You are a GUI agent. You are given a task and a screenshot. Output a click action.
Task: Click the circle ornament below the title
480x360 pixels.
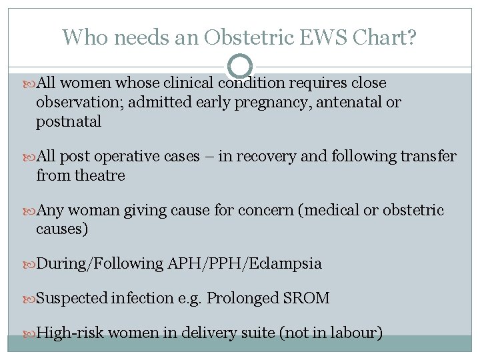pyautogui.click(x=240, y=67)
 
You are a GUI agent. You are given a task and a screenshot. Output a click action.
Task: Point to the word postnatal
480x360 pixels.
pyautogui.click(x=69, y=121)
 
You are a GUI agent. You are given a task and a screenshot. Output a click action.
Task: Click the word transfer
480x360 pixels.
pyautogui.click(x=428, y=157)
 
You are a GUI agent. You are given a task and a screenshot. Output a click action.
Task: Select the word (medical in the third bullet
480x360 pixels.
pyautogui.click(x=331, y=211)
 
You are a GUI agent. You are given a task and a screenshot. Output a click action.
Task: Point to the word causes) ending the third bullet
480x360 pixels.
pyautogui.click(x=62, y=229)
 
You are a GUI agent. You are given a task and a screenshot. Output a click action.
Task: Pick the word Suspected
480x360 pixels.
pyautogui.click(x=72, y=298)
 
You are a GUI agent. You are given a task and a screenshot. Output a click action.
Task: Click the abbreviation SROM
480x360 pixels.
pyautogui.click(x=306, y=298)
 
